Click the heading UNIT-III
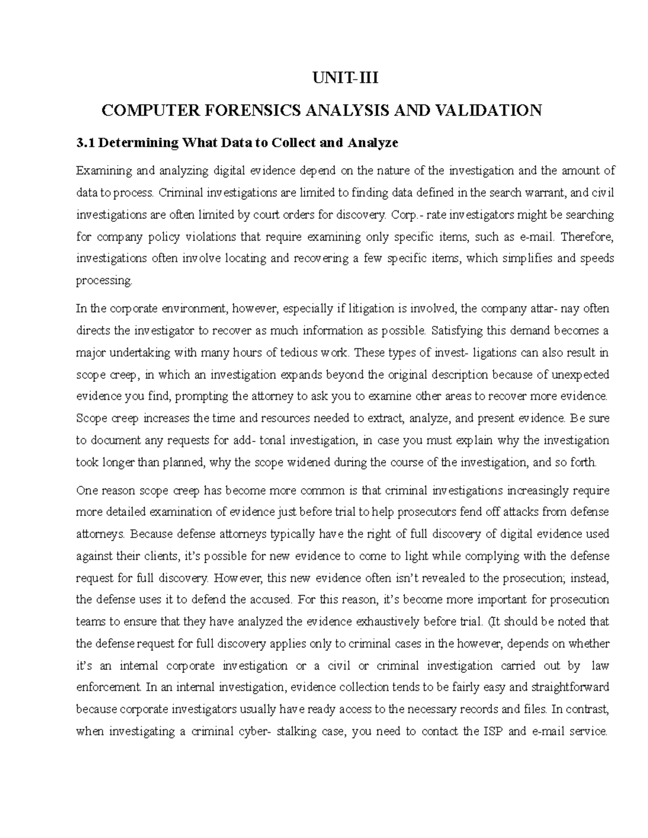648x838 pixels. (346, 79)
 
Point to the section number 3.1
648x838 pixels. (85, 143)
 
